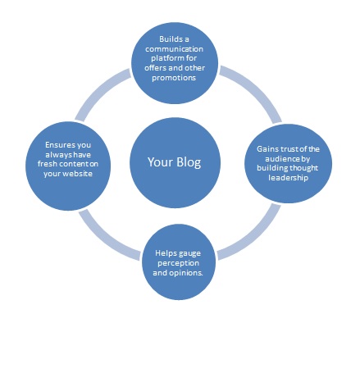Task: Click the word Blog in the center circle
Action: [189, 162]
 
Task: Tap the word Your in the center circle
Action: [161, 161]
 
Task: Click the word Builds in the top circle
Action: [171, 39]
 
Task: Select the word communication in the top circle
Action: [174, 49]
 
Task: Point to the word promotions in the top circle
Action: [174, 78]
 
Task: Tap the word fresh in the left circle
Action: [48, 164]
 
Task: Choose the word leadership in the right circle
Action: [288, 178]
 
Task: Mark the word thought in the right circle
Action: [303, 168]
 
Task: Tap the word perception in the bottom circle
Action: [178, 263]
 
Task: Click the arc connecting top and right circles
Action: [256, 88]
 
